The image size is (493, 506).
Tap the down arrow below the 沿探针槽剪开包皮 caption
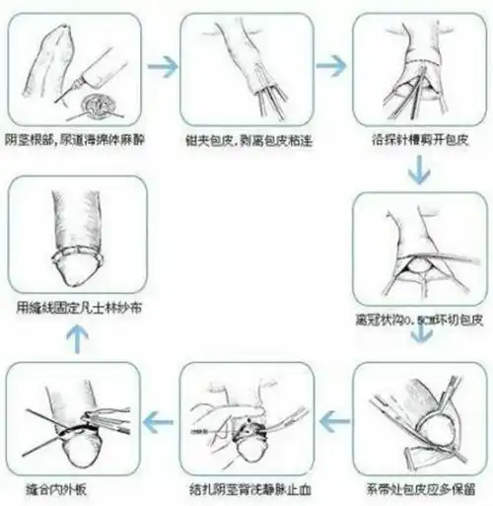(419, 170)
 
